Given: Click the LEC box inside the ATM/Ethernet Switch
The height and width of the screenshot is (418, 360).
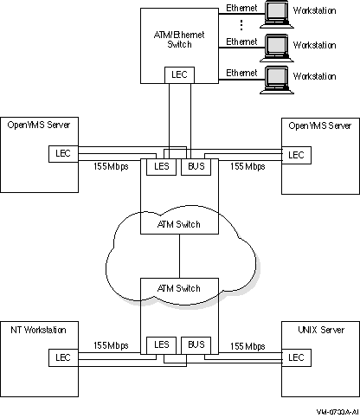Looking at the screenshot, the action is click(179, 75).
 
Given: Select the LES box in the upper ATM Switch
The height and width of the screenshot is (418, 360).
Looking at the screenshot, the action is click(161, 167).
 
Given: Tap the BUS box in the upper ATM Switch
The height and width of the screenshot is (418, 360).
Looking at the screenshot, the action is click(196, 167).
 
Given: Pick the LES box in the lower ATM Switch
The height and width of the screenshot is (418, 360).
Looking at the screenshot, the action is click(161, 345).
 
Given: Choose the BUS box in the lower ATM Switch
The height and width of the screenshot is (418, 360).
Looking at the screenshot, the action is click(196, 345).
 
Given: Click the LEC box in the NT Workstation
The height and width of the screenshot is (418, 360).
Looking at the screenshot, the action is click(63, 358).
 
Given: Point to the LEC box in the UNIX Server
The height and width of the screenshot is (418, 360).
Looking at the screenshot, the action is click(296, 358).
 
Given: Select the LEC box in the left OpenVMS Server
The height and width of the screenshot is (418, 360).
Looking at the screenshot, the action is click(63, 154).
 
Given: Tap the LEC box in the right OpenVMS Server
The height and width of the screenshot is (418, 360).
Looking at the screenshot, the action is click(296, 155).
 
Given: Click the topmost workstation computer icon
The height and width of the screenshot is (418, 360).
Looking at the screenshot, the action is click(277, 15).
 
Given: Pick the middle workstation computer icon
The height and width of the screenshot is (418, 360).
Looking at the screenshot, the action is click(277, 48).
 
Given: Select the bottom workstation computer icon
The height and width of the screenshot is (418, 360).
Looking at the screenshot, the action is click(277, 80).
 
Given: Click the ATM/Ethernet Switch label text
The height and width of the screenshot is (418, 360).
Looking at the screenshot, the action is click(179, 40).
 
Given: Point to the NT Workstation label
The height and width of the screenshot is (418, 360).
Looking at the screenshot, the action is click(38, 330).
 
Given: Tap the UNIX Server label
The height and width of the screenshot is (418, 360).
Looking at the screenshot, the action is click(321, 330).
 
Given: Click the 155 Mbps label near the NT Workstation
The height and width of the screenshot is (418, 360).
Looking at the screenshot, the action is click(111, 345).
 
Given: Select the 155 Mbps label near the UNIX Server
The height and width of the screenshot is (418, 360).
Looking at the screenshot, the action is click(247, 346).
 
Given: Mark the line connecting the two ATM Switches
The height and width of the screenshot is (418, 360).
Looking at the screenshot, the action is click(179, 256).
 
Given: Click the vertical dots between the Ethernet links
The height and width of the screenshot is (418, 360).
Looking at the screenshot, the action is click(241, 25).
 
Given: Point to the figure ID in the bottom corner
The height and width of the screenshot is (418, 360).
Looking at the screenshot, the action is click(337, 412).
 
